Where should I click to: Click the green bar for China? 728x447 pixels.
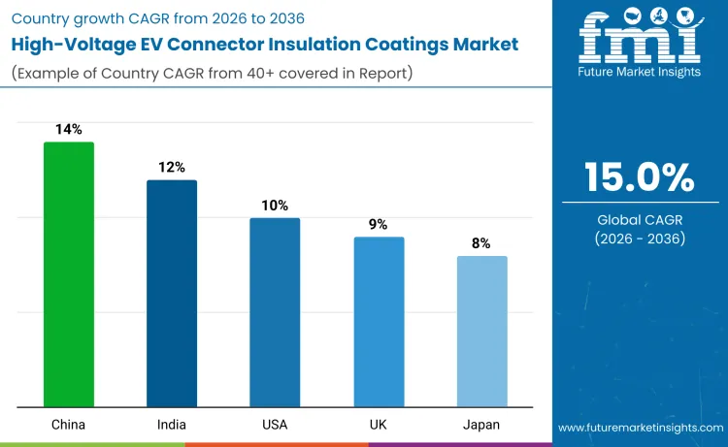(x=69, y=274)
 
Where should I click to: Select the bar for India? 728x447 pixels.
(x=172, y=293)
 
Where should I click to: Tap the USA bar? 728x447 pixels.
(x=275, y=312)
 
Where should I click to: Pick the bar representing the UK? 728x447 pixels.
(x=379, y=322)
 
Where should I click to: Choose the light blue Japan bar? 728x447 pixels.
(x=481, y=332)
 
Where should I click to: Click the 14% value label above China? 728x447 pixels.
(x=69, y=129)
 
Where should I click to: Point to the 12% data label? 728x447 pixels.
(x=172, y=167)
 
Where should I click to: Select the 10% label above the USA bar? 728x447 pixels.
(x=275, y=206)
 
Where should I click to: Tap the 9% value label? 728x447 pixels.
(x=379, y=224)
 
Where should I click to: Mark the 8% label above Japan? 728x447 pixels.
(x=481, y=243)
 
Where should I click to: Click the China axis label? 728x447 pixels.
(x=69, y=426)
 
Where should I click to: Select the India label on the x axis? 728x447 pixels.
(x=172, y=426)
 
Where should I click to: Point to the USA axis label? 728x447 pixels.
(x=275, y=426)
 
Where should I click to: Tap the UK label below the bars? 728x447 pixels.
(x=379, y=426)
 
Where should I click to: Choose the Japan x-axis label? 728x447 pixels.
(x=481, y=426)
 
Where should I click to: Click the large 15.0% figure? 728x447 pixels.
(x=639, y=177)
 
